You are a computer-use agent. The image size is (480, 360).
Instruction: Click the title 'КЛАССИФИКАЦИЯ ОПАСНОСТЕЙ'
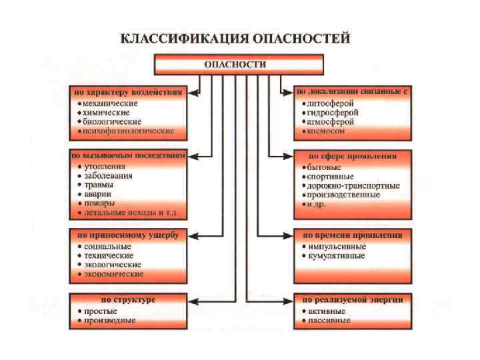tap(235, 39)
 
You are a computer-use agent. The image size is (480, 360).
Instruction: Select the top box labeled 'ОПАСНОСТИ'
tap(239, 65)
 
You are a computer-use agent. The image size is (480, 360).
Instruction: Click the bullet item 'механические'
tap(111, 103)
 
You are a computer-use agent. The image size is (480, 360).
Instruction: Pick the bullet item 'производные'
tap(110, 320)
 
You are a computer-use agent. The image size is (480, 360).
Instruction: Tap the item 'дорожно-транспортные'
tap(353, 185)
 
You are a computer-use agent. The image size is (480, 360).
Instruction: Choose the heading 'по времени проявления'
tap(353, 235)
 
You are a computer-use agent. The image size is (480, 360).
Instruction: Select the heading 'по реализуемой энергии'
tap(353, 300)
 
